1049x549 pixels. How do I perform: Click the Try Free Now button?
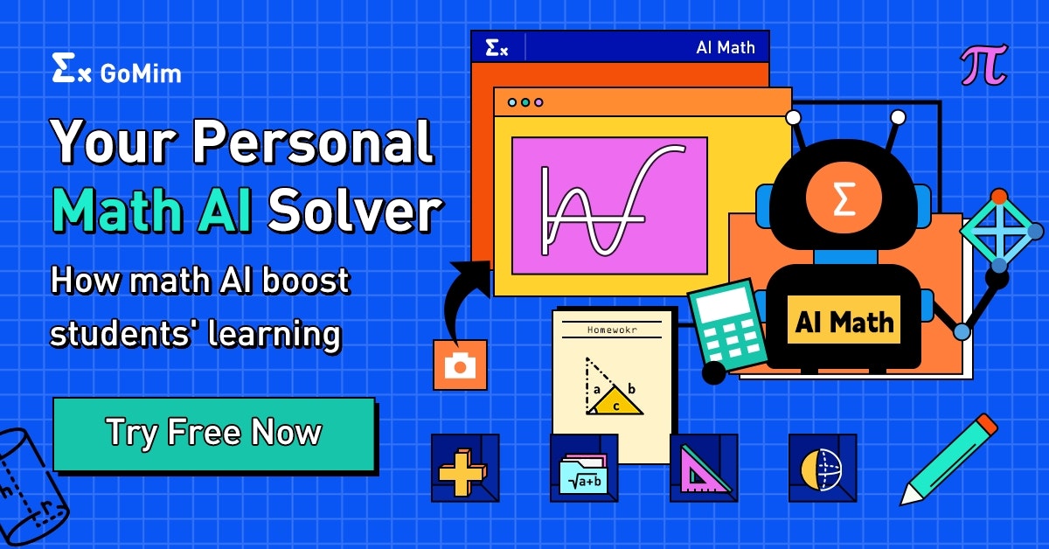pyautogui.click(x=214, y=434)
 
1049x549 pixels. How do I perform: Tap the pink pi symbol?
pyautogui.click(x=983, y=66)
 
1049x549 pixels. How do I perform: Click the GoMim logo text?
pyautogui.click(x=140, y=73)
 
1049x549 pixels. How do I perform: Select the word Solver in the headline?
pyautogui.click(x=354, y=212)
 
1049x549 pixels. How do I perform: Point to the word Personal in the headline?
pyautogui.click(x=314, y=142)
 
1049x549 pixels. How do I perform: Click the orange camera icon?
pyautogui.click(x=460, y=365)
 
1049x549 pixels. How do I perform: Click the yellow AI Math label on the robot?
pyautogui.click(x=844, y=323)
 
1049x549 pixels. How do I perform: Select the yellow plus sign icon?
pyautogui.click(x=464, y=468)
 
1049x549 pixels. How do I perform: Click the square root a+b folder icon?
pyautogui.click(x=583, y=469)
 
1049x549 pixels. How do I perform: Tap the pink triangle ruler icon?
pyautogui.click(x=703, y=469)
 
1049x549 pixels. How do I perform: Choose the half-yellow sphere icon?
pyautogui.click(x=822, y=469)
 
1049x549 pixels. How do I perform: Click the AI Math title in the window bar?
pyautogui.click(x=725, y=47)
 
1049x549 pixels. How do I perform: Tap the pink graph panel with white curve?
pyautogui.click(x=609, y=205)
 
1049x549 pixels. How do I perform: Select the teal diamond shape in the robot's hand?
pyautogui.click(x=999, y=231)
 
